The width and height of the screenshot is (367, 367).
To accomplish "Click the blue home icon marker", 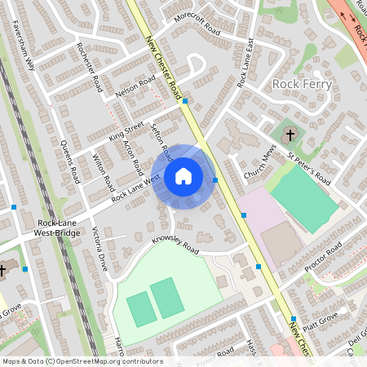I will [x=183, y=176].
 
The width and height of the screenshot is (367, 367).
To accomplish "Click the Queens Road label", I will [x=70, y=162].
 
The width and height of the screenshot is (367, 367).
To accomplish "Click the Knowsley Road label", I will [x=175, y=245].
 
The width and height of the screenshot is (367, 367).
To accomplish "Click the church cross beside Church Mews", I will [x=290, y=134].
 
